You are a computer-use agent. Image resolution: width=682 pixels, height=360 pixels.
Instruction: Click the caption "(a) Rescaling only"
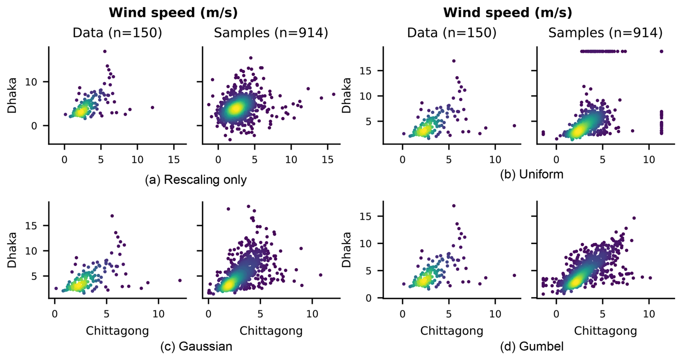(x=196, y=180)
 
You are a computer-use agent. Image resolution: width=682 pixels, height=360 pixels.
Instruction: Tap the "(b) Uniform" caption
(x=531, y=174)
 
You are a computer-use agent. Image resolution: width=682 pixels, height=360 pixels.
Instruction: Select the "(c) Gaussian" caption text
(x=196, y=346)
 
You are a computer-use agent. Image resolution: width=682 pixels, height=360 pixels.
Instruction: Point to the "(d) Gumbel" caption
(x=531, y=346)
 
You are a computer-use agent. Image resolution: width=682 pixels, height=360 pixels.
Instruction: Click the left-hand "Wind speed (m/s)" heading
(x=173, y=13)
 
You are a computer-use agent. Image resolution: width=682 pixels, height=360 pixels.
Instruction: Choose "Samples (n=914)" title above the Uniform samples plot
(x=605, y=33)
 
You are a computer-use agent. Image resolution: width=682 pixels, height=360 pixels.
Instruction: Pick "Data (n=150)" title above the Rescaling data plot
(x=117, y=33)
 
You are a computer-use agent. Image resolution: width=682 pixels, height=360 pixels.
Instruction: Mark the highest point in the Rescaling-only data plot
(x=105, y=52)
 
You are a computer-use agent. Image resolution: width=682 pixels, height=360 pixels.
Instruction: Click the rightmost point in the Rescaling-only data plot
(x=152, y=107)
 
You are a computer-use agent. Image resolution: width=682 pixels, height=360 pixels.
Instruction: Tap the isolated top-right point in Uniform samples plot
(x=661, y=52)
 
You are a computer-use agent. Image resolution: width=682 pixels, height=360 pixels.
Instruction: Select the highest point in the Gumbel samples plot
(x=634, y=218)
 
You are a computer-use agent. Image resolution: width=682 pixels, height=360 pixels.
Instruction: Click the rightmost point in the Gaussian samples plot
(x=320, y=275)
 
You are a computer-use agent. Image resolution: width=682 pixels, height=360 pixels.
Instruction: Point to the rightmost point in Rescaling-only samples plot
(x=334, y=95)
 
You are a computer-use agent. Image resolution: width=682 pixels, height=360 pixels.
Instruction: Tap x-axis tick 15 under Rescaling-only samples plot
(x=328, y=159)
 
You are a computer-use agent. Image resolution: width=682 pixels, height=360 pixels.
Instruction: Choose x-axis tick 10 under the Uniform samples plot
(x=649, y=159)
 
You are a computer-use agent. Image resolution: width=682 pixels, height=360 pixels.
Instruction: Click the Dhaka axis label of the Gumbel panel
(x=346, y=250)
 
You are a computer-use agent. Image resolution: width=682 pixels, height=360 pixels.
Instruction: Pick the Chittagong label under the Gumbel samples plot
(x=605, y=331)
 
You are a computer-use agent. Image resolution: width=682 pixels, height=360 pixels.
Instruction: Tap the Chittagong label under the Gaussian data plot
(x=117, y=331)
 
